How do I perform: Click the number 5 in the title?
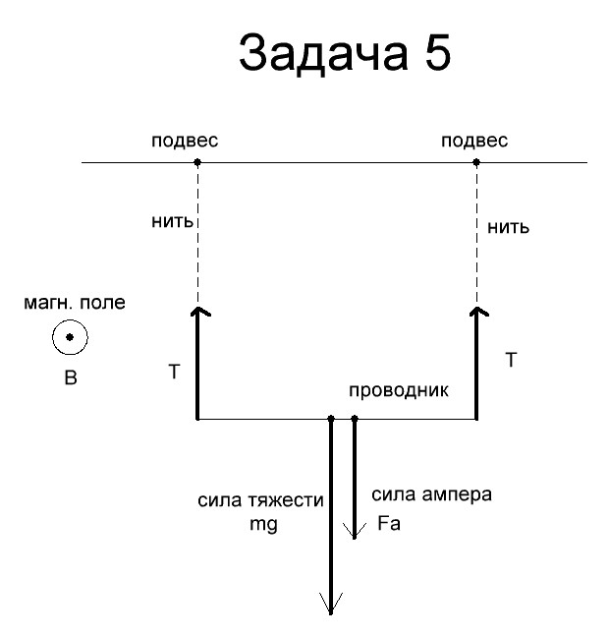438,53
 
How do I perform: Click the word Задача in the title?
323,54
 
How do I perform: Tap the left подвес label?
185,141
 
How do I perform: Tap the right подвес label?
474,141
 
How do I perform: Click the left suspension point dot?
197,162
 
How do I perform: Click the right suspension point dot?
476,162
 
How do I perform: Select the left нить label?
172,221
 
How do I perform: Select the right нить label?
508,227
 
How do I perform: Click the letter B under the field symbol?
71,377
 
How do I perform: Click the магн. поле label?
75,303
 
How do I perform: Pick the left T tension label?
174,372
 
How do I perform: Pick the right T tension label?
512,360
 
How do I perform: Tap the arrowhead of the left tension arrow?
198,309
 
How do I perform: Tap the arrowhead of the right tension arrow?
477,309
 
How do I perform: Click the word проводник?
399,390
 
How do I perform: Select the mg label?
264,524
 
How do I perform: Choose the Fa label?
389,523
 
